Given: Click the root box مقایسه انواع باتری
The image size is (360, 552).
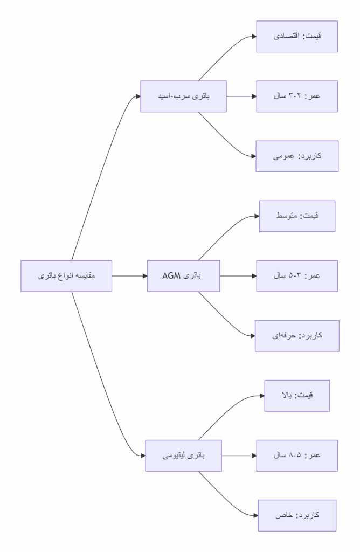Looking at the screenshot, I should tap(66, 276).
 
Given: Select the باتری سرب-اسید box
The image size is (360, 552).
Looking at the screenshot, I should tap(183, 96).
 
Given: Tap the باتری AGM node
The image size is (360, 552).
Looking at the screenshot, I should tap(183, 276).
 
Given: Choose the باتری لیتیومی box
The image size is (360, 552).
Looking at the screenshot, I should tap(183, 456).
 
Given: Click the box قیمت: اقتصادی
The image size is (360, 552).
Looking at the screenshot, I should tap(297, 37).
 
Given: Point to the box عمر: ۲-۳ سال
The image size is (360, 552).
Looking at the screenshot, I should tap(297, 96).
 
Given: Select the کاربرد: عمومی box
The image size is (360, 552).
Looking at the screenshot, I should tap(297, 156).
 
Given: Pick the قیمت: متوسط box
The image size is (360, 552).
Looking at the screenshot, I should tap(297, 216).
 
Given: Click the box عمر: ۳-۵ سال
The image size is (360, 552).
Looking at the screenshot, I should tap(297, 276).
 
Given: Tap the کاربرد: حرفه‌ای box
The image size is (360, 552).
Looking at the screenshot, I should tap(297, 336).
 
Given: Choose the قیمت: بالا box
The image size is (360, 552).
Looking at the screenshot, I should tap(297, 396).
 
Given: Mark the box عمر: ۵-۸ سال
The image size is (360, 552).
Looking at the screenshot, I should tap(297, 456).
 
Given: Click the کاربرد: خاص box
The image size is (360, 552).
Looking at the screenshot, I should tap(297, 515).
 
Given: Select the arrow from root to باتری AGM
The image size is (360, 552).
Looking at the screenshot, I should tap(129, 276).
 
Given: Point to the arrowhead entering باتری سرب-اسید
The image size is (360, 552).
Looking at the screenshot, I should tap(137, 96).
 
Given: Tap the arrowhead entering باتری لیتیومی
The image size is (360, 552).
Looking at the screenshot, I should tap(142, 456).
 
